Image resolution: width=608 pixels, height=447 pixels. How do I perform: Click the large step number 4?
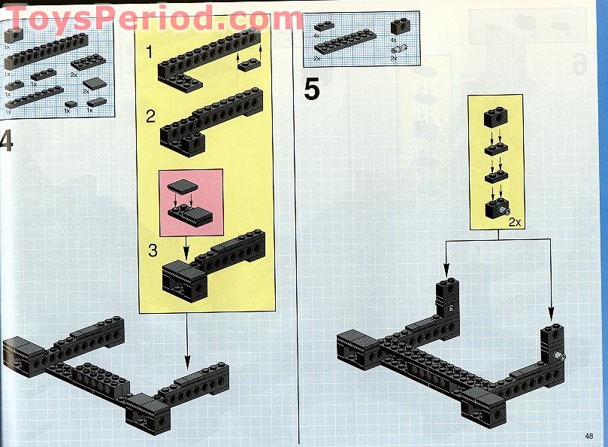click(6, 141)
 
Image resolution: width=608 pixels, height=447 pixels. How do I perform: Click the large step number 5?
click(312, 89)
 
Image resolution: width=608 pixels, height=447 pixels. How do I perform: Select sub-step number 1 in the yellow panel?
click(150, 52)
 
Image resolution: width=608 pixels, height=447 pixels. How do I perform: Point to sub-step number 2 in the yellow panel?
click(150, 116)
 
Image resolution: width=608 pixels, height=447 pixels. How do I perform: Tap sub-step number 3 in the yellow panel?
click(153, 251)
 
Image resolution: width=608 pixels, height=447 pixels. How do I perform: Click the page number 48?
click(588, 436)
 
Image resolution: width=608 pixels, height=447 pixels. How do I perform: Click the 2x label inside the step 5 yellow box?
click(515, 222)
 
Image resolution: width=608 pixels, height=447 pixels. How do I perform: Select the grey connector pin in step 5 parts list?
click(399, 49)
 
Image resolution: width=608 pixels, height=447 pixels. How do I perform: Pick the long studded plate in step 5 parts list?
click(345, 41)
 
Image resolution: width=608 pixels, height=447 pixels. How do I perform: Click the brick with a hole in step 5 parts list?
click(400, 26)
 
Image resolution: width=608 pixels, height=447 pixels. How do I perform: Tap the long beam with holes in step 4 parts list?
click(46, 51)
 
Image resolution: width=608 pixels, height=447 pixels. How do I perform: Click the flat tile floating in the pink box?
click(182, 186)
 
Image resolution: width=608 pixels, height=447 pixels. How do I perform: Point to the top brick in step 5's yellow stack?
click(495, 117)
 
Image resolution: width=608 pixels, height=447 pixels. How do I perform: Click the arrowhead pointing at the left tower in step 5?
click(446, 270)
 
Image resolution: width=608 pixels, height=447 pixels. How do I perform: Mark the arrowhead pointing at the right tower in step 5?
click(551, 313)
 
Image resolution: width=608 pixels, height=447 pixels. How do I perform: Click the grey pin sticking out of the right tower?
click(561, 355)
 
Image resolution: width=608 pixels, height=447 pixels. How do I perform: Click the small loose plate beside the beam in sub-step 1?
click(249, 64)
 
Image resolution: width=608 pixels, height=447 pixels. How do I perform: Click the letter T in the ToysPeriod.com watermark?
click(18, 19)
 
